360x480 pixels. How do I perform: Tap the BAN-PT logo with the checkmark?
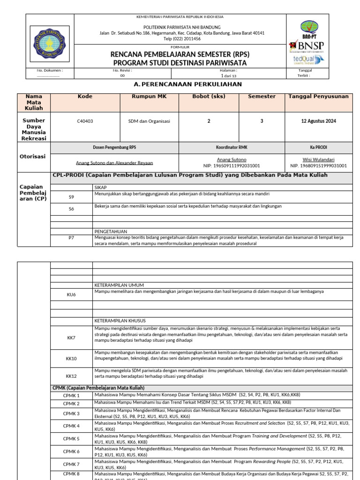point(308,29)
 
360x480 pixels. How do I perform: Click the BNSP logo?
point(307,45)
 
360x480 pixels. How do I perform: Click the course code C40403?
point(85,121)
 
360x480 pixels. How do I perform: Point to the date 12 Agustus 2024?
point(318,121)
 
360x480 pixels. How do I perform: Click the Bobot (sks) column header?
point(209,97)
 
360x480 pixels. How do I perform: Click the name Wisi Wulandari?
point(318,159)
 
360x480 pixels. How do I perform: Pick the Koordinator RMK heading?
point(232,147)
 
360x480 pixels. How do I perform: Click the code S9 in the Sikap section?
point(71,197)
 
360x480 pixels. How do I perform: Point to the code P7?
point(71,238)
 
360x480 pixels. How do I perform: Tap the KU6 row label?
point(71,295)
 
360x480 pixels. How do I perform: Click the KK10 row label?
point(71,358)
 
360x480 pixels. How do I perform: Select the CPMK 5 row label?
point(71,439)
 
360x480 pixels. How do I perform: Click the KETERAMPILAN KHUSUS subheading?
point(119,321)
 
